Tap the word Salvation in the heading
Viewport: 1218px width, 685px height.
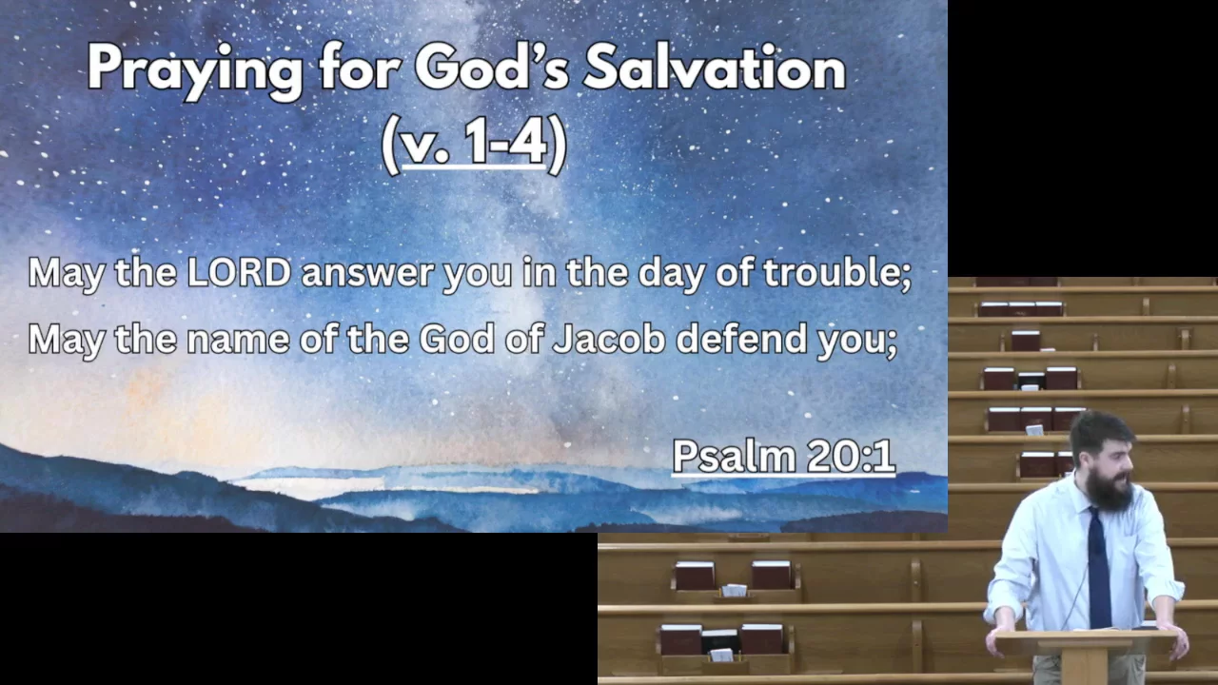click(714, 67)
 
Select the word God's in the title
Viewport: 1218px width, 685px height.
click(492, 67)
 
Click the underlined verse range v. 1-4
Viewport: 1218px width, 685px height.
click(474, 142)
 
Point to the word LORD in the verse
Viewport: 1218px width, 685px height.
click(239, 272)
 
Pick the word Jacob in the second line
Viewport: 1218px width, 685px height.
click(609, 338)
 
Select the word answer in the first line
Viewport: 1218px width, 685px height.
click(367, 275)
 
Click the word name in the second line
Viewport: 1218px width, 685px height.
click(238, 341)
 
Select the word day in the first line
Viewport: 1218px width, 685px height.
click(672, 275)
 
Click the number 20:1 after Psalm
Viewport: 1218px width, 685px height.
click(851, 456)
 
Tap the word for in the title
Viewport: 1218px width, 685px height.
click(360, 67)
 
